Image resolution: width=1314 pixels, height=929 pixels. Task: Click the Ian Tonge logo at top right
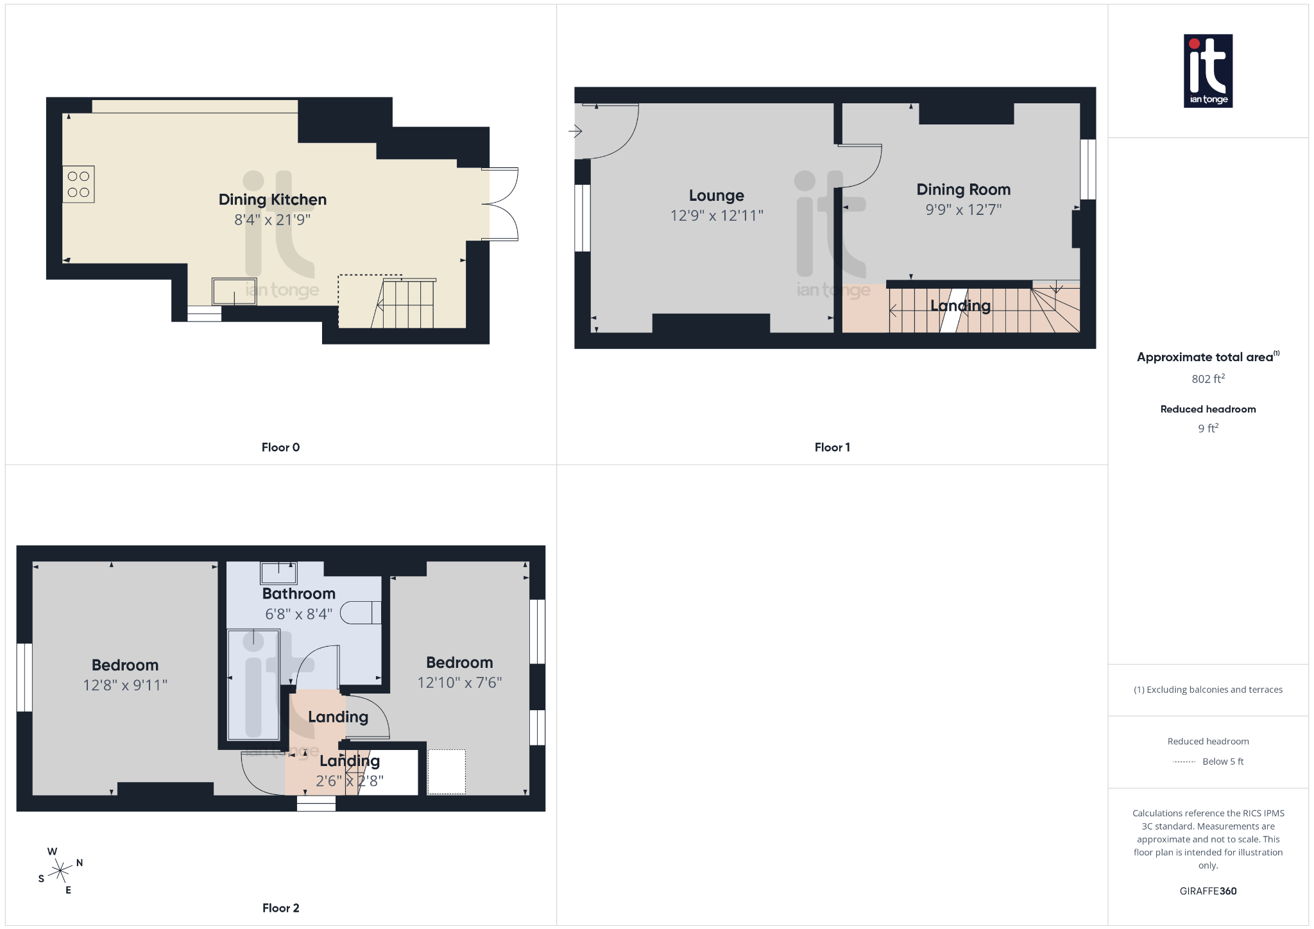(1207, 71)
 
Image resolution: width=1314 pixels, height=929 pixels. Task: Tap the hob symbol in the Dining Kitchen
(78, 184)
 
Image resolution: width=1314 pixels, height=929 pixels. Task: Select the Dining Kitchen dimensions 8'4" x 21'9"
(272, 220)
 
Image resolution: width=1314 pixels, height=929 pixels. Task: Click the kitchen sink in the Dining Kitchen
(234, 291)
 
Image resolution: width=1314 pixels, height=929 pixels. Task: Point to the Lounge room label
(716, 196)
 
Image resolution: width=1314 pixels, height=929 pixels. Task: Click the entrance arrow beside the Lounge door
(575, 132)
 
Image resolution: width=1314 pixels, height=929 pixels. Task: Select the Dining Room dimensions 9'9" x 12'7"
(963, 210)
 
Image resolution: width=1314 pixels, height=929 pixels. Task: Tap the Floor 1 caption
(832, 447)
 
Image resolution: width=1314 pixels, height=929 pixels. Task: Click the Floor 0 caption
(280, 447)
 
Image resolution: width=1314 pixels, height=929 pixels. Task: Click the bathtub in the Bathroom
(253, 684)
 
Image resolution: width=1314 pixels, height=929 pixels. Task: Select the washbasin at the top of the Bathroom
(278, 572)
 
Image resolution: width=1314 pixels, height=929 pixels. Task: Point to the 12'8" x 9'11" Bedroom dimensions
(125, 685)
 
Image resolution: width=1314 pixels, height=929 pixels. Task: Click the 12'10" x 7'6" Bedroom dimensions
(459, 683)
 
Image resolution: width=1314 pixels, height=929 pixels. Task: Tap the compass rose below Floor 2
(60, 871)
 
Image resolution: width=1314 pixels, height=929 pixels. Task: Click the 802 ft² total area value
(1207, 379)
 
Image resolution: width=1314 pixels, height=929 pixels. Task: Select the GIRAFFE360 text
(1207, 891)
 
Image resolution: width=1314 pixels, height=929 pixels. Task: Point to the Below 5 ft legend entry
(1222, 762)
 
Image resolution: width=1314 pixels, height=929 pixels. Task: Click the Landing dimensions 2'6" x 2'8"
(350, 781)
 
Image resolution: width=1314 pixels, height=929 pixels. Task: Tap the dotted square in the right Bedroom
(447, 772)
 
